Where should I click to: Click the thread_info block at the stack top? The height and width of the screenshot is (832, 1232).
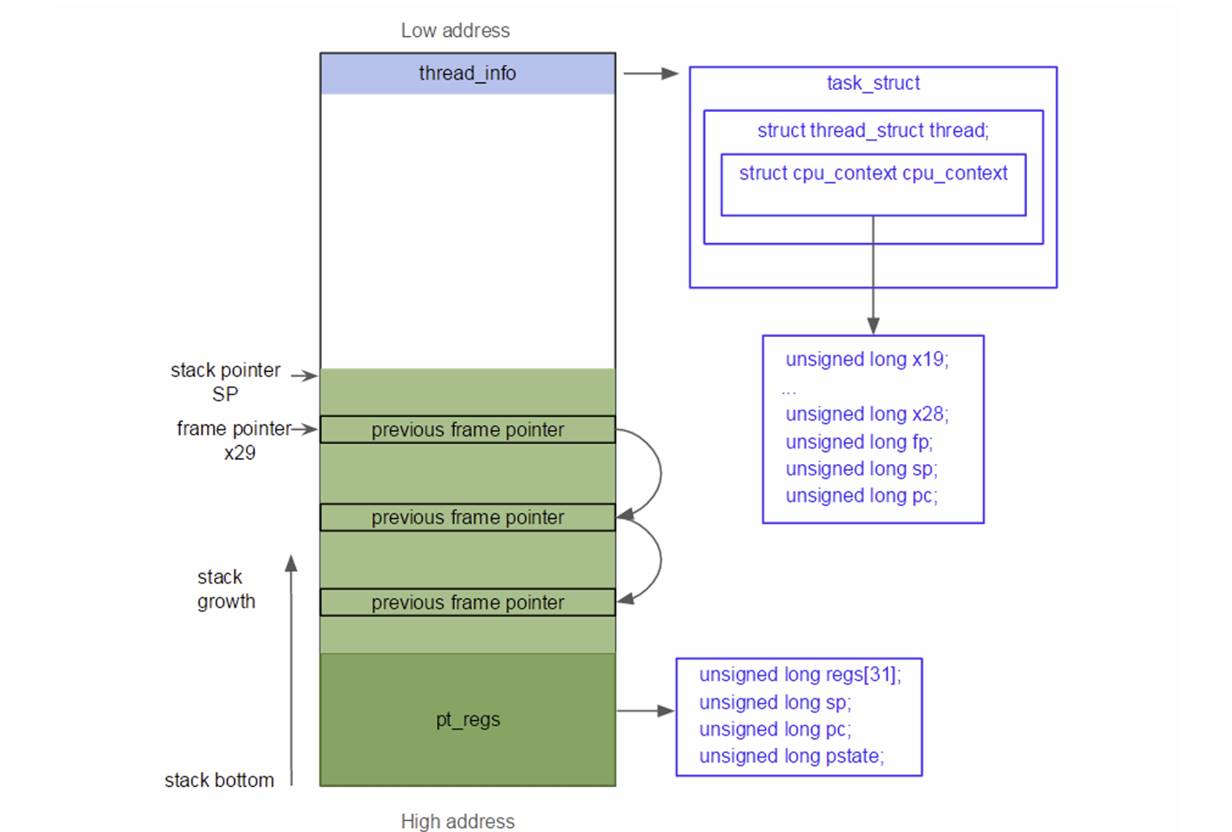coord(467,74)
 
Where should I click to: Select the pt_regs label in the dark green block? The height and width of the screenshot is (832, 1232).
coord(467,719)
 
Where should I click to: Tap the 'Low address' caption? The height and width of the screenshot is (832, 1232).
coord(455,31)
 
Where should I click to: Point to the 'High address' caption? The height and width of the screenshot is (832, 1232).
coord(458,821)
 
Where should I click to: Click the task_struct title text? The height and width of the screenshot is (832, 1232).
coord(873,83)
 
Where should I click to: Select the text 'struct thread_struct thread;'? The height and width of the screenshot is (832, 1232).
coord(873,130)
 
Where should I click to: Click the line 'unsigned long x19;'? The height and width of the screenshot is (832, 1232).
coord(867,359)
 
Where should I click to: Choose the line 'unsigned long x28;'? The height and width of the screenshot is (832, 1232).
coord(867,414)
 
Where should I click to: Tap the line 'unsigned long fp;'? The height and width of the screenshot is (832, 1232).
coord(859,442)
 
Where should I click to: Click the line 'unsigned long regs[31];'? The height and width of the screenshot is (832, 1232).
coord(800,674)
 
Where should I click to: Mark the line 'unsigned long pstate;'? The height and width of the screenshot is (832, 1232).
coord(791,756)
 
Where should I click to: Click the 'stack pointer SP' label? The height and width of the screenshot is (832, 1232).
coord(226,382)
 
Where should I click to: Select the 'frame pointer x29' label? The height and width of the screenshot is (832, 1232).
coord(234,440)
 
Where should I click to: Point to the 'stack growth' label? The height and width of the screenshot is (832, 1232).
coord(226,589)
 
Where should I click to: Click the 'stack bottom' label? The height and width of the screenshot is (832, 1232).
coord(219,780)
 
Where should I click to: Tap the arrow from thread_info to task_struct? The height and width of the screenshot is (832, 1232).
coord(651,74)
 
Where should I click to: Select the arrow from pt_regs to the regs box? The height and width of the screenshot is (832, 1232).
coord(645,711)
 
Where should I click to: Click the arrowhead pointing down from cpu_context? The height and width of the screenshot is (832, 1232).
coord(873,325)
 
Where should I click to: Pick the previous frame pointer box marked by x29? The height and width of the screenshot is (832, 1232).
coord(467,430)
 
